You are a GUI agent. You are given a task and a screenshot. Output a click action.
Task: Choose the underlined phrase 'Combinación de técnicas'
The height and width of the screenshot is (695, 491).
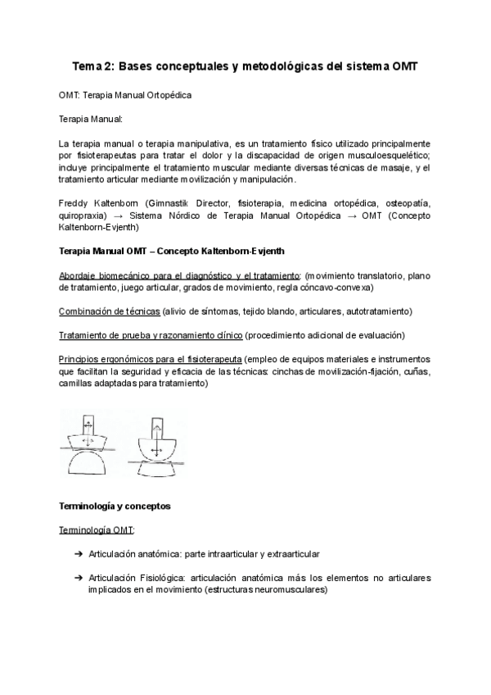[110, 311]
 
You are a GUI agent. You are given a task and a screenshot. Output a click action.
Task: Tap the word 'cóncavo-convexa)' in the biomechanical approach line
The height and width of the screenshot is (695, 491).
[331, 288]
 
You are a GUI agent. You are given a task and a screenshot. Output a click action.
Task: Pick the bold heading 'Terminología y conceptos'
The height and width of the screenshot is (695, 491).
[115, 506]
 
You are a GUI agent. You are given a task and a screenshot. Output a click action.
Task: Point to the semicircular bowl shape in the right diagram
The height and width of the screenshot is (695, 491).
[156, 448]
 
